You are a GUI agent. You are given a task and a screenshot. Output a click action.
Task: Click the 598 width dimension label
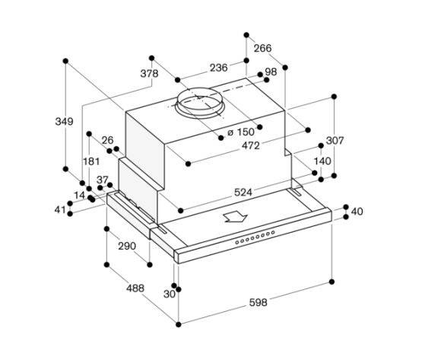(x=258, y=302)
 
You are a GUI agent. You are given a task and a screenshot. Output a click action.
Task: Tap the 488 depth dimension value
(x=135, y=288)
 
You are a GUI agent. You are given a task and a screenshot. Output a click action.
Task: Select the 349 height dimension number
(x=64, y=121)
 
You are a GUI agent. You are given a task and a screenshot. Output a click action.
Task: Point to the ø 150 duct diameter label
(x=241, y=132)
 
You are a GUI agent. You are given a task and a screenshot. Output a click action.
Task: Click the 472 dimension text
(x=251, y=145)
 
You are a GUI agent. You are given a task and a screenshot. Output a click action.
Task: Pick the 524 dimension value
(x=243, y=193)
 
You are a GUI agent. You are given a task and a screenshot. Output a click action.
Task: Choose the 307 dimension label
(x=335, y=141)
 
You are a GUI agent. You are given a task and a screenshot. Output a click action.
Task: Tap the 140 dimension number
(x=322, y=161)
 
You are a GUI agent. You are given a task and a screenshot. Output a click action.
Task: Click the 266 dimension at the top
(x=262, y=48)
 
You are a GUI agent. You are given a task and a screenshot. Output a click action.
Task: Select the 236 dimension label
(x=219, y=68)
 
